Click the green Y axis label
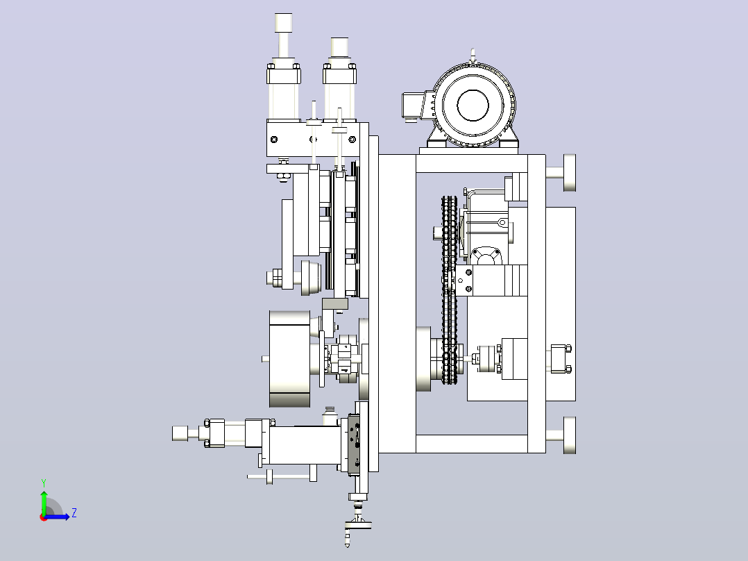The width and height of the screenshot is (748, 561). (x=44, y=483)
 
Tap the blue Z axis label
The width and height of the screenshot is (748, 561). (x=74, y=513)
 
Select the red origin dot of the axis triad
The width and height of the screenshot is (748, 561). (x=44, y=517)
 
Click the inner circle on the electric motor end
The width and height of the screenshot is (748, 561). (x=473, y=106)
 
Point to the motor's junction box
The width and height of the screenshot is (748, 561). (x=413, y=106)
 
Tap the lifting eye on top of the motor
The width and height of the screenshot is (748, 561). (x=473, y=55)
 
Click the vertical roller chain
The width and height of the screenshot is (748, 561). (x=449, y=290)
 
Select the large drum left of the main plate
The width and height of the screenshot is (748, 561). (x=289, y=359)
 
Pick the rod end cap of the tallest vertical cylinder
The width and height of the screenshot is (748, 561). (x=283, y=22)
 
